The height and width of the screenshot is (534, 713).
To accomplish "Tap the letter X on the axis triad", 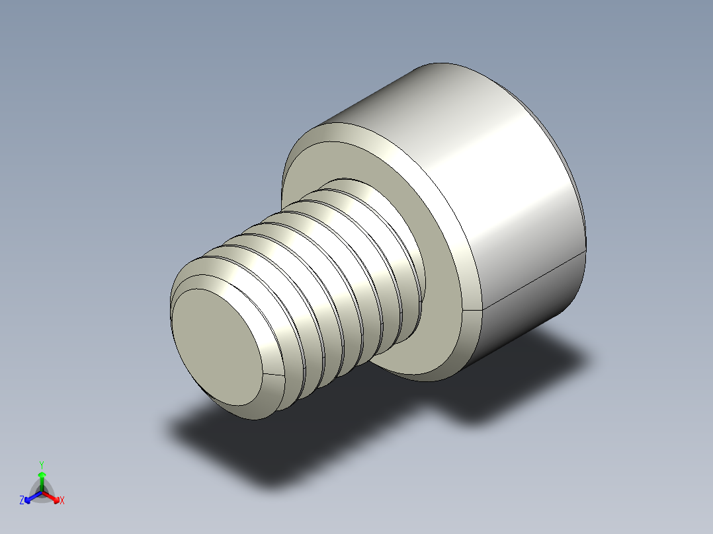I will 62,501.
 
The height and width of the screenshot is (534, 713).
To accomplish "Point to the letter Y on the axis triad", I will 42,464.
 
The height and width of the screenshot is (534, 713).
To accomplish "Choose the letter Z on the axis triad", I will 22,501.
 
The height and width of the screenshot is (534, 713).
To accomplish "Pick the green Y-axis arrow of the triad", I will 42,478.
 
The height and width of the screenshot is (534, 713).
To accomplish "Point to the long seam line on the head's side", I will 536,278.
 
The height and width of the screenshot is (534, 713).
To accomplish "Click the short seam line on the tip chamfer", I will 272,375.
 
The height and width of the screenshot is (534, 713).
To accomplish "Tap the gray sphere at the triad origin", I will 42,492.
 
